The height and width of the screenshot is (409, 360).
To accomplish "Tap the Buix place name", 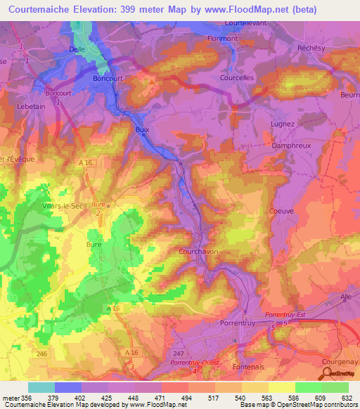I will pos(143,129).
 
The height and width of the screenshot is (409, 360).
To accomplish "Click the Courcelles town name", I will pos(236,79).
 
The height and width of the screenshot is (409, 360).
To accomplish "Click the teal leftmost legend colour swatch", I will pos(41,387).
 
